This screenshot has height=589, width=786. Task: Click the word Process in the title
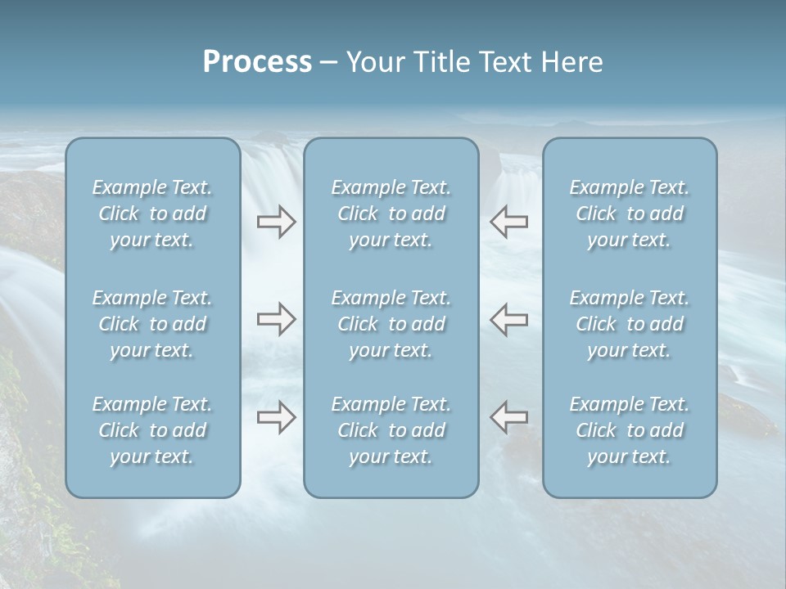(257, 62)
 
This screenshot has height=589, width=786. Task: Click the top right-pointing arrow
(277, 221)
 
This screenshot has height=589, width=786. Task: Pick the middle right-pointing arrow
(277, 319)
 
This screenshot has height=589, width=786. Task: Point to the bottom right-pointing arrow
(277, 417)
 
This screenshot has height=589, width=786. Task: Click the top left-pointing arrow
(508, 221)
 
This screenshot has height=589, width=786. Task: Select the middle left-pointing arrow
(508, 319)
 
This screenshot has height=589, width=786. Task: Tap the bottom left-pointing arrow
(508, 417)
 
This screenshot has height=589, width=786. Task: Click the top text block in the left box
(152, 214)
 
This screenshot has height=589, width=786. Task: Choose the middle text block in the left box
(152, 324)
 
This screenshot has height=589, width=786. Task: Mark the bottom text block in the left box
(152, 430)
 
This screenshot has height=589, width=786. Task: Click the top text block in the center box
(391, 214)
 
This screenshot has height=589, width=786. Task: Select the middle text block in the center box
(391, 324)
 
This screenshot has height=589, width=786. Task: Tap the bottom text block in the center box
(391, 430)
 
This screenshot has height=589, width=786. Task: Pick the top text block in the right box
(629, 214)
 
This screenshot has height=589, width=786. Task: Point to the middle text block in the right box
(629, 324)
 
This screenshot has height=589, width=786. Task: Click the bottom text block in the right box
(629, 430)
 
